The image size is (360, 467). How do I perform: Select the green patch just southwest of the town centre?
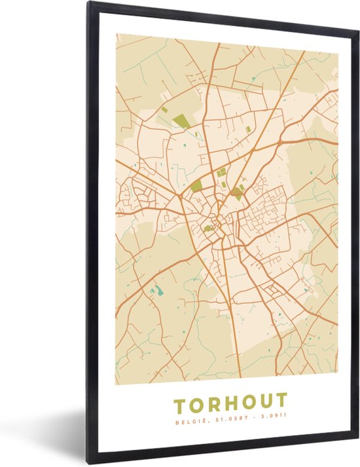click(207, 229)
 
